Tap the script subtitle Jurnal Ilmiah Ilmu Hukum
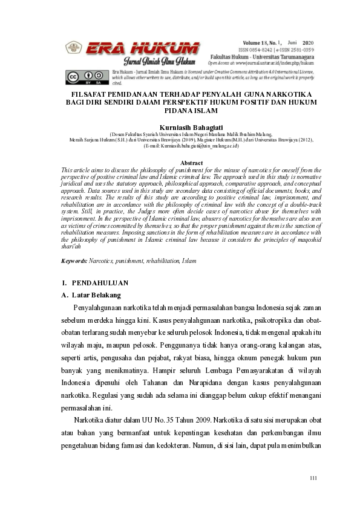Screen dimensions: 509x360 click(159, 62)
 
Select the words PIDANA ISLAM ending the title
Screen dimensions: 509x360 click(180, 111)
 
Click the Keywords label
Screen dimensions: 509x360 click(74, 261)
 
